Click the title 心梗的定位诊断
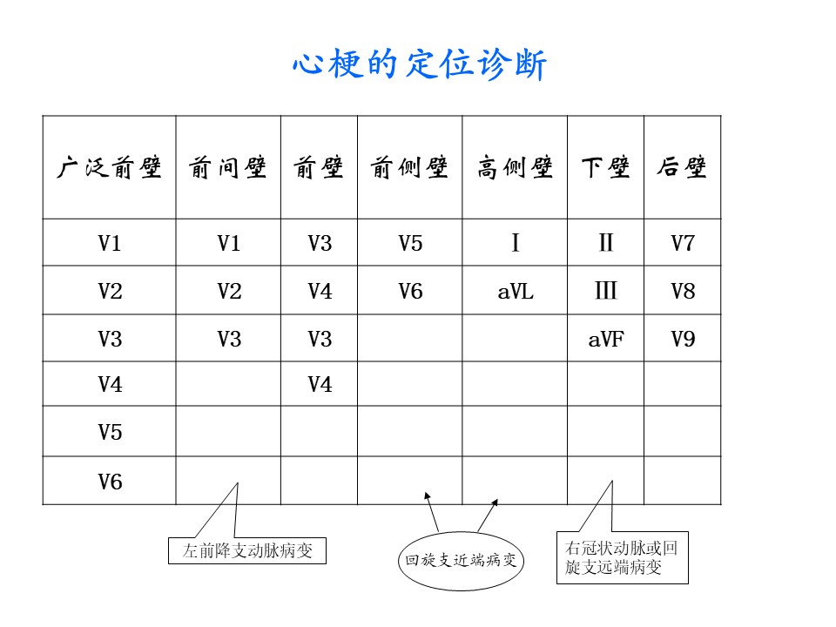pos(420,64)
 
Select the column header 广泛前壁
pos(110,167)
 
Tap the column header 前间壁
pos(227,167)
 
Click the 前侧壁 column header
pos(409,167)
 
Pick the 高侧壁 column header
pos(515,167)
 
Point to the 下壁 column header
pos(606,167)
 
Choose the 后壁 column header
pos(683,167)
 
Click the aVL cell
pos(515,292)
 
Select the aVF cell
pos(606,339)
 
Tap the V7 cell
pos(683,244)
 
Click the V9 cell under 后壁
pos(683,339)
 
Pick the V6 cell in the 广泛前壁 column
pos(110,482)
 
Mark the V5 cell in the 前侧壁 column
pos(410,244)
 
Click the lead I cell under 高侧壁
pos(515,243)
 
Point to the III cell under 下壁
pos(606,291)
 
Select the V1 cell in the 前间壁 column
pos(229,244)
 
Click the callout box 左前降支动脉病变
pos(246,550)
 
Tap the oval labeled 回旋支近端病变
pos(462,561)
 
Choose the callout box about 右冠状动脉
pos(622,557)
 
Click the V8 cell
pos(683,292)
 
